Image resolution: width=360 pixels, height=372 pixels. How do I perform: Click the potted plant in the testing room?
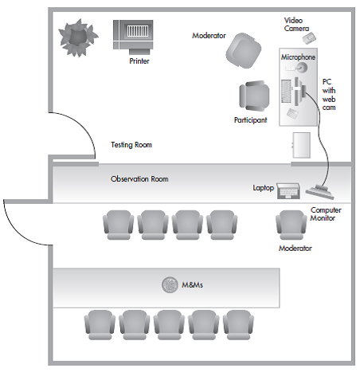[78, 37]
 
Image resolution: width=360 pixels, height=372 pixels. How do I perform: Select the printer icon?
[133, 37]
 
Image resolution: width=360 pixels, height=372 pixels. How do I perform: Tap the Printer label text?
[139, 61]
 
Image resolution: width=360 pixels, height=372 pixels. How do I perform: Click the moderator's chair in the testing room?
[244, 50]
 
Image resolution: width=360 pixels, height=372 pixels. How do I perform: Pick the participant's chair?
[254, 96]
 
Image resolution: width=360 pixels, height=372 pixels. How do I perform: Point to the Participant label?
[250, 120]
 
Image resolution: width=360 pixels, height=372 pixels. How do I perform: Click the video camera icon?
[309, 38]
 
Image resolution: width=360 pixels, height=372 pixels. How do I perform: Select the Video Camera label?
[296, 25]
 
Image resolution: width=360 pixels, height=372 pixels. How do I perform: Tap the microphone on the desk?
[300, 68]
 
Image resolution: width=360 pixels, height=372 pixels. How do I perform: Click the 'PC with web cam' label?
[329, 95]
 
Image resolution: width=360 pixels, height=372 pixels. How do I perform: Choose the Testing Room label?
[131, 145]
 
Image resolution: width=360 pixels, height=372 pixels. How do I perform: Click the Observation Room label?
[139, 179]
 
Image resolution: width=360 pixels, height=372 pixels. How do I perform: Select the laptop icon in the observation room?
[288, 191]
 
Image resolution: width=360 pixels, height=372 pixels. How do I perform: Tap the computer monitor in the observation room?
[320, 192]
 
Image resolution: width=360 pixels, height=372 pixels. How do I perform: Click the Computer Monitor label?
[326, 214]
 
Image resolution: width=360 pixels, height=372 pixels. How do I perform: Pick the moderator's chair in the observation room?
[291, 225]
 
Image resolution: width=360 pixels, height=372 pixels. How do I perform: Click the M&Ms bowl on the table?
[170, 285]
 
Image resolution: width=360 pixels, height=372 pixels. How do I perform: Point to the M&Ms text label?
[192, 285]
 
